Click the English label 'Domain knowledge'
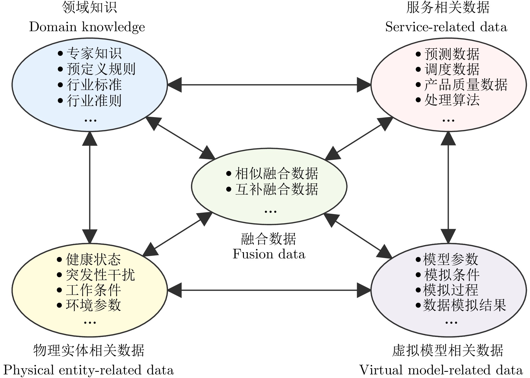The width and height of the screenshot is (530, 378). point(87,27)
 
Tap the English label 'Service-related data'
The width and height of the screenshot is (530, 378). point(446,27)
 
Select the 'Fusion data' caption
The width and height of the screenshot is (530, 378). point(269,254)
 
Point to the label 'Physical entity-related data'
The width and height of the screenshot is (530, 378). point(89,370)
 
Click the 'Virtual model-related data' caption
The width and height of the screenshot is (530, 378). point(441,370)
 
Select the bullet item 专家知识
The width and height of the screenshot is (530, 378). point(89,53)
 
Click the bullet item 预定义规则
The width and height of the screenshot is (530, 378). point(96,69)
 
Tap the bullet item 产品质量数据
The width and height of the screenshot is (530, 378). point(461,85)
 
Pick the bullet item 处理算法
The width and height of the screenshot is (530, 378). point(448,100)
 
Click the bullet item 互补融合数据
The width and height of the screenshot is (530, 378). point(272,189)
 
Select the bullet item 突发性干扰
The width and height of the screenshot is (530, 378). point(96,275)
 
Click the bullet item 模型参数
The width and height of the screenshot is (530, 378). point(447,259)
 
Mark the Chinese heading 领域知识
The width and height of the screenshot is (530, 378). point(89,7)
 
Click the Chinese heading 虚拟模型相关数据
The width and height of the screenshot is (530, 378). point(448,350)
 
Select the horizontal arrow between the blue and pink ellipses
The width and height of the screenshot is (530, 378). point(269,85)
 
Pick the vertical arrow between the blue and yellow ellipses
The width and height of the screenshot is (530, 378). point(90,187)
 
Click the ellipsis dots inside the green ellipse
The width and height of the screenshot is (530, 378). point(270,211)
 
